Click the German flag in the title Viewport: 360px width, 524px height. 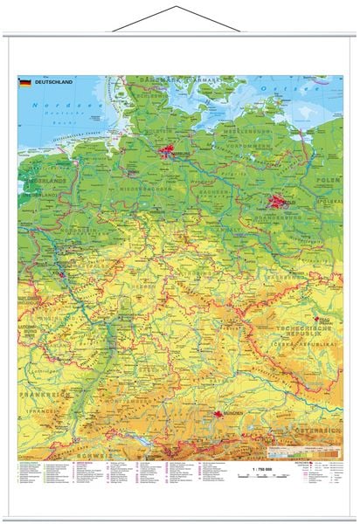click(x=24, y=83)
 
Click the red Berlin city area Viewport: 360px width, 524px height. click(x=279, y=203)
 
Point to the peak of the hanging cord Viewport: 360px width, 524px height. click(x=179, y=7)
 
